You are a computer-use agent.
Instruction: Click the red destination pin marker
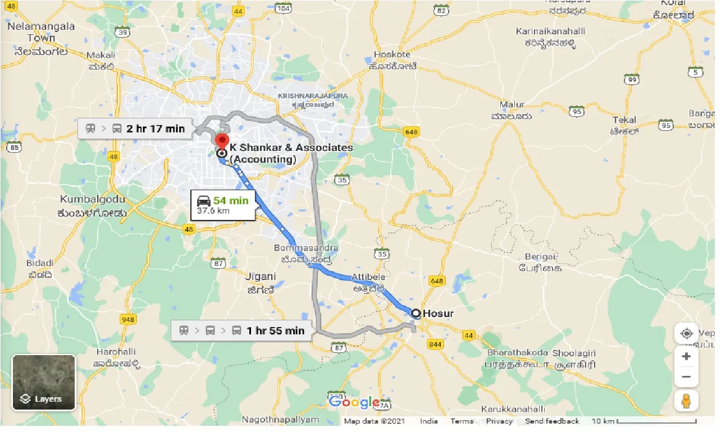(x=222, y=141)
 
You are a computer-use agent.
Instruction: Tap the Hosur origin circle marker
(x=416, y=314)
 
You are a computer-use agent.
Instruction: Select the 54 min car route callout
(x=223, y=205)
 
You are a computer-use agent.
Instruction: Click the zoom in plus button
(x=686, y=356)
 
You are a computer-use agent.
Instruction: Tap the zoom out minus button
(x=686, y=376)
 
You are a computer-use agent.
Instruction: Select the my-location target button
(x=686, y=333)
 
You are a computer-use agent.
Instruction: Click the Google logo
(x=354, y=402)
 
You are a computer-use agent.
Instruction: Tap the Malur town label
(x=512, y=104)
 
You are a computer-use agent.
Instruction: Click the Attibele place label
(x=369, y=277)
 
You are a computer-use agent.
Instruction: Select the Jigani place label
(x=261, y=276)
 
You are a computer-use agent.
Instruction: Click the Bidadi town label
(x=40, y=263)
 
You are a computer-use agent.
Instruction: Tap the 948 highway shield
(x=129, y=319)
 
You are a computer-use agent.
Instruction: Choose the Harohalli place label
(x=115, y=351)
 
